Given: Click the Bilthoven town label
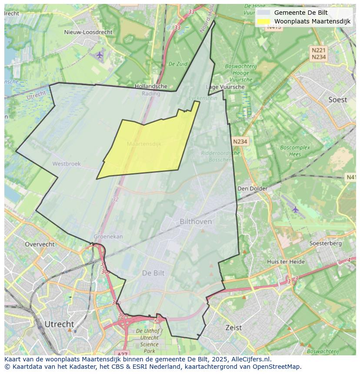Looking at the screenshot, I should point(196,222).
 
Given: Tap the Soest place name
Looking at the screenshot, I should point(337,100).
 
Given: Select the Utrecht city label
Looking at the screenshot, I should point(59,324).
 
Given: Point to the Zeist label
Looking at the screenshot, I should point(233,328).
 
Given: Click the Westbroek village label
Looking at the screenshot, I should point(67,164).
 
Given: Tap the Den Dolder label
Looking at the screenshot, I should point(252,189).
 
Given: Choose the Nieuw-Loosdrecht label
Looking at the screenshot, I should point(88,32).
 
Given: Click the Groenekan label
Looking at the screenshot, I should point(108,237).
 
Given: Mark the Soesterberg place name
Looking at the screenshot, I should point(325,244).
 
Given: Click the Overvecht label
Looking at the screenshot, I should point(40,244).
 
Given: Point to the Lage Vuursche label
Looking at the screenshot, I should point(225,87).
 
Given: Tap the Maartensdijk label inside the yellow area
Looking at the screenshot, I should point(144,144).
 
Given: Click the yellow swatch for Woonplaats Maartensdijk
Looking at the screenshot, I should point(263,21).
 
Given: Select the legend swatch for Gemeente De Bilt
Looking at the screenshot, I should point(263,13).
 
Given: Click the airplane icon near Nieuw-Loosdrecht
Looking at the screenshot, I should point(100,55).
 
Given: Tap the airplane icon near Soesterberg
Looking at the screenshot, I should point(296,209).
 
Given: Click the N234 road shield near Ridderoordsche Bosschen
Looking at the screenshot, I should point(240,142).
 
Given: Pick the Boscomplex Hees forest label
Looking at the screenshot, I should point(295,151).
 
